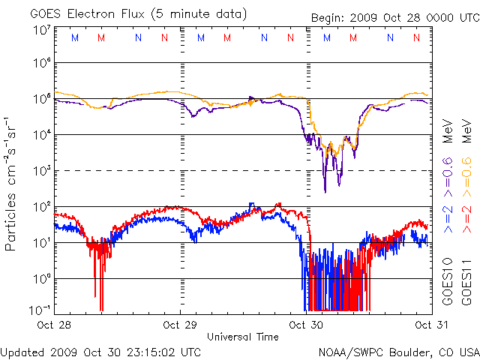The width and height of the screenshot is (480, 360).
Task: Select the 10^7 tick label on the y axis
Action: click(x=42, y=31)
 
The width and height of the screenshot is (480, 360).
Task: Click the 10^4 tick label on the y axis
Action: click(x=42, y=134)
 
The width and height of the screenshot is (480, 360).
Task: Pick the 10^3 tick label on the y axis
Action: click(x=42, y=170)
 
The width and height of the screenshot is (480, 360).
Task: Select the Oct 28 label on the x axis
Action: click(x=54, y=325)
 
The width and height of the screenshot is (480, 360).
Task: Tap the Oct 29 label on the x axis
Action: click(x=180, y=325)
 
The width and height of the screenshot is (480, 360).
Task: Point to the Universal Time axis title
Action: click(x=243, y=337)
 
